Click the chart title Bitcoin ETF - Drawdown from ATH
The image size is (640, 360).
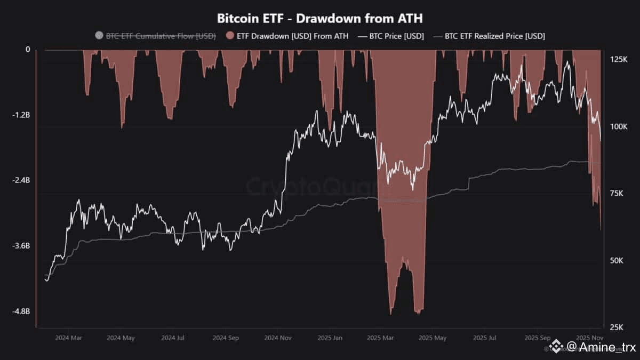(x=319, y=18)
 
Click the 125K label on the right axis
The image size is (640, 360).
(x=619, y=60)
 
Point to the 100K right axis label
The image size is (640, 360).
(x=619, y=127)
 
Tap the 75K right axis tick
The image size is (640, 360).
(x=618, y=194)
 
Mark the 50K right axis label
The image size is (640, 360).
(x=618, y=260)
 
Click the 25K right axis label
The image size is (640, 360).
(x=618, y=327)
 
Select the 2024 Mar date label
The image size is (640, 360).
(x=68, y=338)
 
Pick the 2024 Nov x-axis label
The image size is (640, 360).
(x=278, y=338)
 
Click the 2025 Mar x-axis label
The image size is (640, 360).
(x=380, y=338)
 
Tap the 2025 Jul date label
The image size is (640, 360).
(x=485, y=338)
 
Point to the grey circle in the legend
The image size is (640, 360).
(x=98, y=36)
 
